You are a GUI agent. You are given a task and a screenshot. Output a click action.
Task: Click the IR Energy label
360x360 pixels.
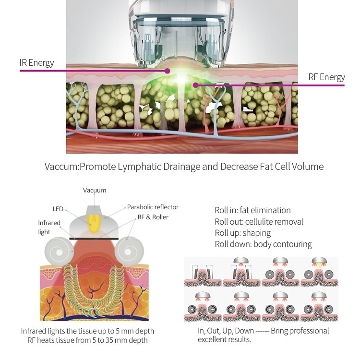coord(36,63)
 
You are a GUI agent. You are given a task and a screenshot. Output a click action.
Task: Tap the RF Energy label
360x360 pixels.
coord(326,77)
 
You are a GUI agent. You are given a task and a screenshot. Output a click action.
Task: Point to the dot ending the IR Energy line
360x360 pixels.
coord(167,71)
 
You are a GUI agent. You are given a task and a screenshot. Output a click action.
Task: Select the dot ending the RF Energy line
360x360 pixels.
coord(195,85)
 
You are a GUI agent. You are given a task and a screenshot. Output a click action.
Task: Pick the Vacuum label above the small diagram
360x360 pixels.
coord(95,191)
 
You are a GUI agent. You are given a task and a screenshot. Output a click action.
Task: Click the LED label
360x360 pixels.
coord(58,209)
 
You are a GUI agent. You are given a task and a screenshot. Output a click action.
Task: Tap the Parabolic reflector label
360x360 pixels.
coord(153,207)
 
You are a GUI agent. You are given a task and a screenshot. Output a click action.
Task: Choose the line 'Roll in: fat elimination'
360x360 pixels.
coord(252,210)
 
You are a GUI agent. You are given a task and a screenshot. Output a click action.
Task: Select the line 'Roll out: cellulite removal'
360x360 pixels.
coord(259,222)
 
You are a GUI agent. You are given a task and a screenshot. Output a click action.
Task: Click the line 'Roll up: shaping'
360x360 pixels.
coord(242,233)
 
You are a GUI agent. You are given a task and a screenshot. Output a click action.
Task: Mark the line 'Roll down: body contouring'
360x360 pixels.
coord(263,244)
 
